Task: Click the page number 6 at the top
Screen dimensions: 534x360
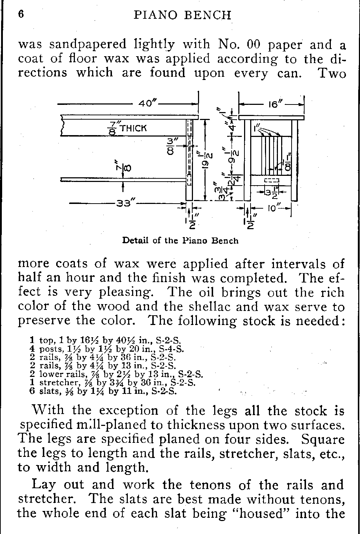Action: click(21, 14)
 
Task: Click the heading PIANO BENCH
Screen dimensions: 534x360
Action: click(182, 15)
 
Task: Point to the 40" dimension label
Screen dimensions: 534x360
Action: click(148, 104)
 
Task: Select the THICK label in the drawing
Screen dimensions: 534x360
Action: click(133, 128)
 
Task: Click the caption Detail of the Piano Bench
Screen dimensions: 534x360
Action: click(180, 240)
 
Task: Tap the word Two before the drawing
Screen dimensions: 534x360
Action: click(332, 73)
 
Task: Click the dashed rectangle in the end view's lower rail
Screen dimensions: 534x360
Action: click(271, 180)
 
